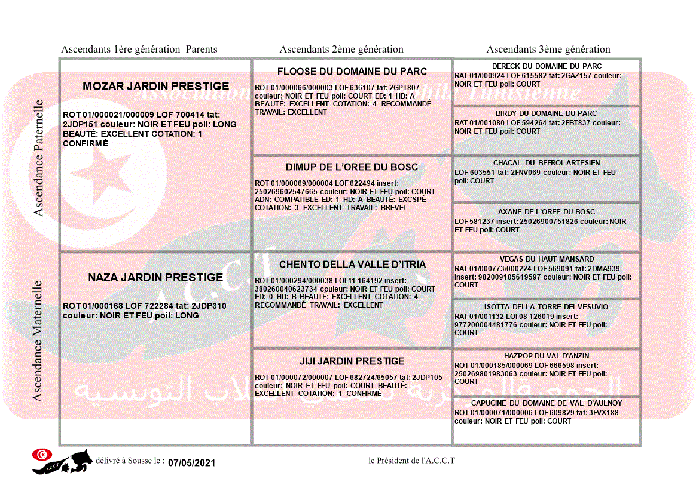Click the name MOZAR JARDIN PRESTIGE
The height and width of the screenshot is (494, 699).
155,87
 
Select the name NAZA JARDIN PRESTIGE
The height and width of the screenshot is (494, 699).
155,278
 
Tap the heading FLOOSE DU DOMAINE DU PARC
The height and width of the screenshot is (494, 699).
352,72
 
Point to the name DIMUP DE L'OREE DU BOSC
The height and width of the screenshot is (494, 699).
352,167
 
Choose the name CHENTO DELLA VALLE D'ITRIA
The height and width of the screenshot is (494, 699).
352,265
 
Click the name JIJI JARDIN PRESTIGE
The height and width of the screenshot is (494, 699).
352,361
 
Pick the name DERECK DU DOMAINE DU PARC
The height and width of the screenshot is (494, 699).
547,66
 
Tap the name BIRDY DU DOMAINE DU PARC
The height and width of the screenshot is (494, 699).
547,113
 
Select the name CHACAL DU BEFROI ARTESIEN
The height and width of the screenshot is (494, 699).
547,163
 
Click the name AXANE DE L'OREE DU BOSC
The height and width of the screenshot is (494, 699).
547,212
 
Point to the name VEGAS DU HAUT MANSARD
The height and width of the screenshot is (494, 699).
547,259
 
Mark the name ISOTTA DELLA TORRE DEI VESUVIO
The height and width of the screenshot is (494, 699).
547,307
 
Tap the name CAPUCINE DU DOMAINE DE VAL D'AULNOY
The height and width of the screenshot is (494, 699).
547,404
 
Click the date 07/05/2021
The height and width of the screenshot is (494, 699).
191,463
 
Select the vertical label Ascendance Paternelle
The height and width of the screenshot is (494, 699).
39,158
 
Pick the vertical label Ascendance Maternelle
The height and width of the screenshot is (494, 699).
38,341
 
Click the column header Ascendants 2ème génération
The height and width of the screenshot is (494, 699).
341,50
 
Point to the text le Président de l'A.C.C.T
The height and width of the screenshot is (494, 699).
411,461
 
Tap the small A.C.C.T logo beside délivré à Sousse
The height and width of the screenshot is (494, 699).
62,461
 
